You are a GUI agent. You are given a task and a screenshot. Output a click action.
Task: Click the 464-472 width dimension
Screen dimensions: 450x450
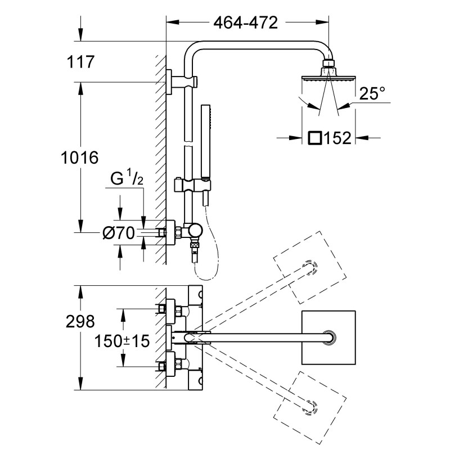point(246,23)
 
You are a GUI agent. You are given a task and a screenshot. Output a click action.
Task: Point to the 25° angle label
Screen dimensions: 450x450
point(372,94)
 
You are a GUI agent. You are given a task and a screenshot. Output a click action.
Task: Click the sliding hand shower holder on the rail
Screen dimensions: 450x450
point(193,184)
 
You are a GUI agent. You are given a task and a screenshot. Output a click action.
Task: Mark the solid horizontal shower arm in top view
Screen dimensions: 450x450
point(264,337)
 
